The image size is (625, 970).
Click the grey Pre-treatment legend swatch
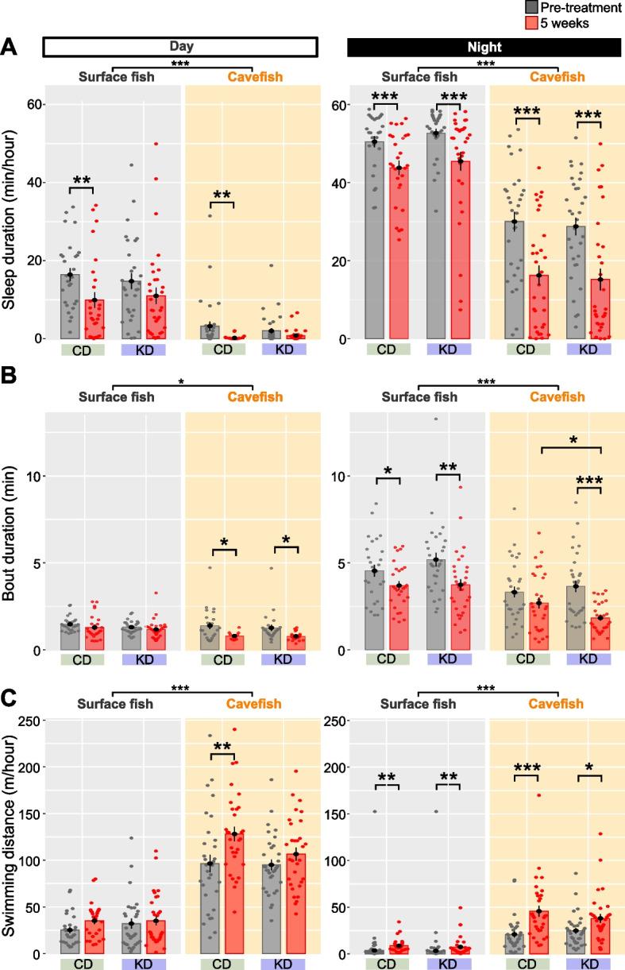point(532,8)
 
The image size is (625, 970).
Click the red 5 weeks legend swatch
point(532,23)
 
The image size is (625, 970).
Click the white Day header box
point(181,48)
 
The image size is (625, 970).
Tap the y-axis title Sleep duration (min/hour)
point(11,214)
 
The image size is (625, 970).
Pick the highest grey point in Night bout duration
point(435,419)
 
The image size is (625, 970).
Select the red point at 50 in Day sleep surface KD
point(156,144)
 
